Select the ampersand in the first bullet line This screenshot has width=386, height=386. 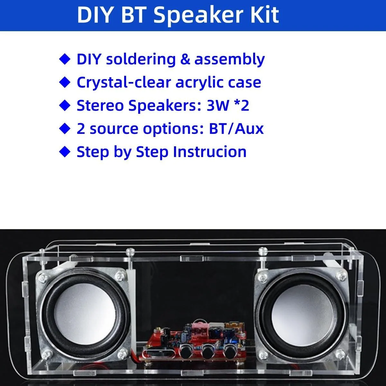[x=185, y=59]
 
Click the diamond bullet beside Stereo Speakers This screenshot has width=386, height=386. [x=65, y=106]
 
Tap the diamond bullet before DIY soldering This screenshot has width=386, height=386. [x=65, y=59]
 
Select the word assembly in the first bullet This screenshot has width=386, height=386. [x=230, y=59]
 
